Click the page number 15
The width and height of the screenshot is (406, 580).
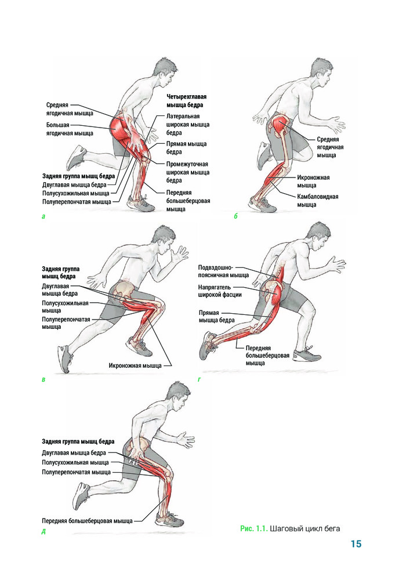click(x=356, y=544)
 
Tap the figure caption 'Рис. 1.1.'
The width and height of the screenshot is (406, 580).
click(x=253, y=528)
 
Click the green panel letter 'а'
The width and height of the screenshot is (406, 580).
click(x=43, y=216)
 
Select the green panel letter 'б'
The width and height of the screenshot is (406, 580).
click(x=235, y=216)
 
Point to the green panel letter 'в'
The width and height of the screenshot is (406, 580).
click(x=43, y=379)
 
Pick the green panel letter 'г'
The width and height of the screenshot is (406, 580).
click(x=200, y=379)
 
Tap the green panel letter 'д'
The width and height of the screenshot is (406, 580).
click(x=43, y=532)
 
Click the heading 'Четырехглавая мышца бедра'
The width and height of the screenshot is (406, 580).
click(x=186, y=100)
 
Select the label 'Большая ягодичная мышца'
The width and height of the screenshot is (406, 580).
click(x=70, y=129)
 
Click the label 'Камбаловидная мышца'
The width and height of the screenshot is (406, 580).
click(x=318, y=201)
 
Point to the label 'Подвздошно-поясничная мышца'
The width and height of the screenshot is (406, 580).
click(x=223, y=271)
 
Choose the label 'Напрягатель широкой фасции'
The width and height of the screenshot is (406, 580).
click(x=220, y=291)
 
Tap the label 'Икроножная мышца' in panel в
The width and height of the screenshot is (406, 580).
click(x=135, y=365)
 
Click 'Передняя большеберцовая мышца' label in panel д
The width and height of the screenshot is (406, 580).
click(x=87, y=521)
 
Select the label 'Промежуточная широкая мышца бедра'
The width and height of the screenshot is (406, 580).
click(x=188, y=172)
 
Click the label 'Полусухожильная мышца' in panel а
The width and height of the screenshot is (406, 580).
click(x=76, y=193)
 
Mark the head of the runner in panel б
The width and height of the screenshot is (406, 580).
click(x=321, y=71)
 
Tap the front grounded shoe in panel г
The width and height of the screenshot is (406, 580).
click(x=307, y=354)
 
